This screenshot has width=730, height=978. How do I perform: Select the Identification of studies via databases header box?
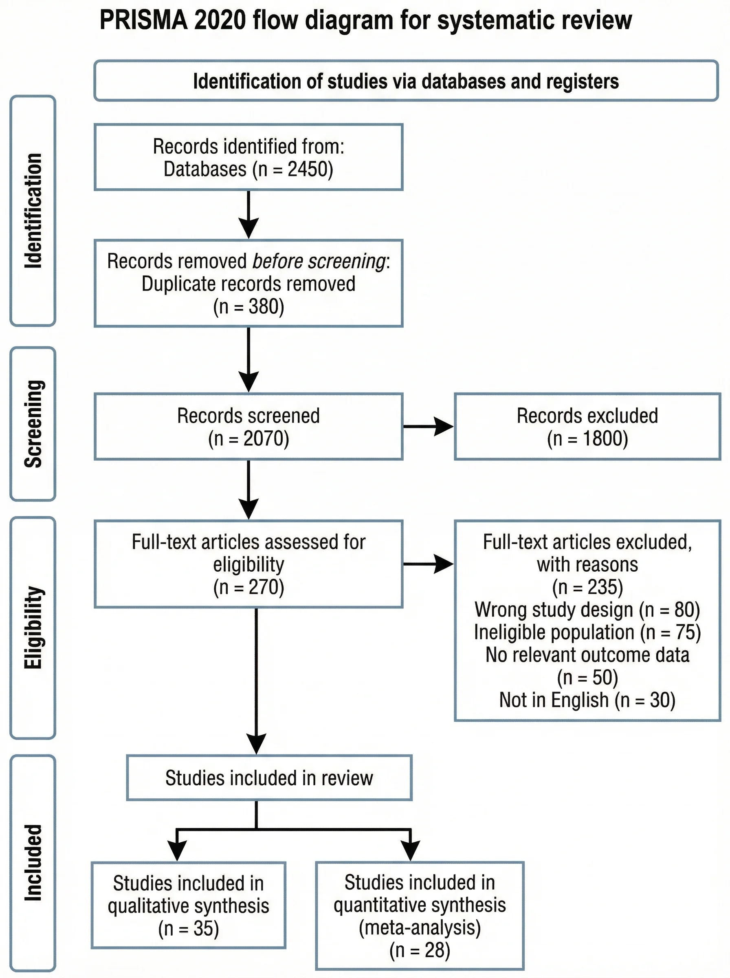pos(406,81)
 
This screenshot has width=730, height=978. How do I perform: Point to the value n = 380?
pos(249,307)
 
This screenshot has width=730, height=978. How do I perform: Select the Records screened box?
pos(248,427)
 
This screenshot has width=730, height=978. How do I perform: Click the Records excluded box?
pos(587,427)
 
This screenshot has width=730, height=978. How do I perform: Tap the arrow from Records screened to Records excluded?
pos(428,427)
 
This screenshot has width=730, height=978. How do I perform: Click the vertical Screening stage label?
pos(33,423)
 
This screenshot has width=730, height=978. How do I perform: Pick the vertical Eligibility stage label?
pos(33,628)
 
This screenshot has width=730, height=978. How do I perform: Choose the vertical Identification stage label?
pos(33,210)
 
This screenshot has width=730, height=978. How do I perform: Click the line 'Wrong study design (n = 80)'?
pos(587,610)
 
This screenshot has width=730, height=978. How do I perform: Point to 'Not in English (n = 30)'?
pos(587,700)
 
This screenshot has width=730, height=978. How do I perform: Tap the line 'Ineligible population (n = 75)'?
pos(587,632)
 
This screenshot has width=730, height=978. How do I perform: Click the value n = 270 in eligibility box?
pos(249,587)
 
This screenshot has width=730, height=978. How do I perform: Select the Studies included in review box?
pos(269,778)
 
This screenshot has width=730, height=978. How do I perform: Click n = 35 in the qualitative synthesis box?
pos(189,929)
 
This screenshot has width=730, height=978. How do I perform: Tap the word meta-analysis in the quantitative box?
pos(419,927)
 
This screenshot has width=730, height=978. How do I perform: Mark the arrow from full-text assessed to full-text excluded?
pos(428,564)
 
